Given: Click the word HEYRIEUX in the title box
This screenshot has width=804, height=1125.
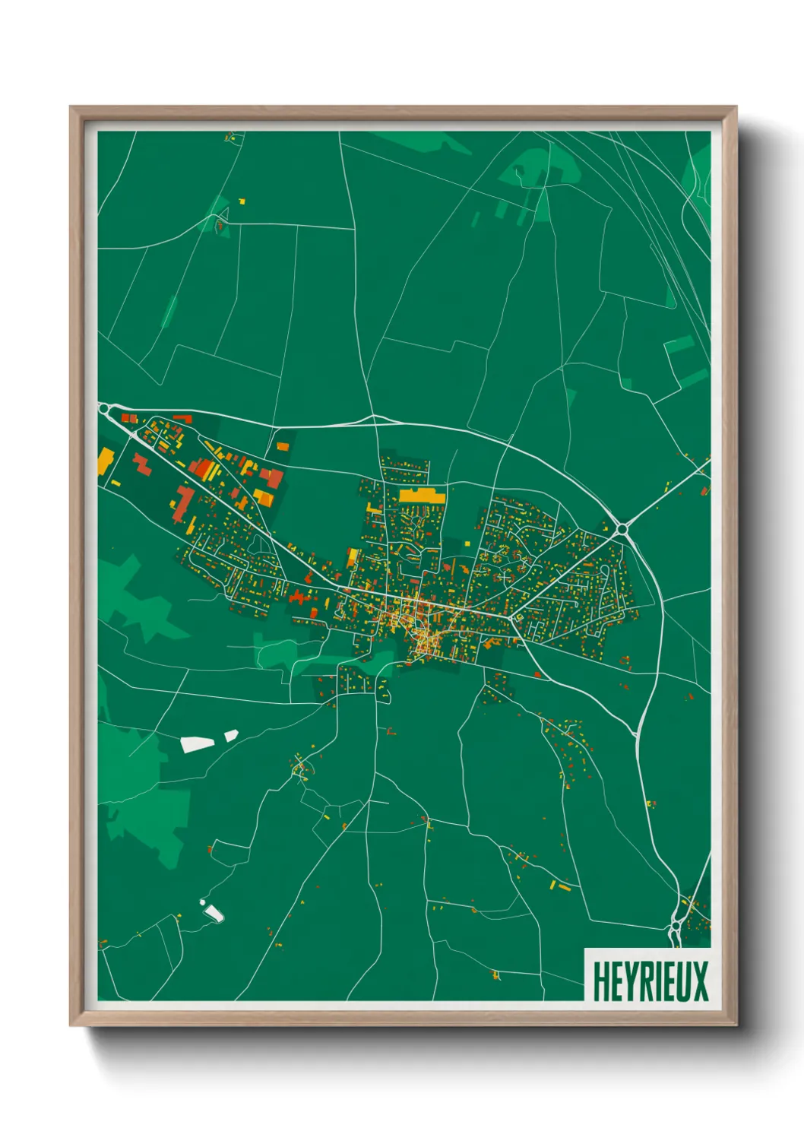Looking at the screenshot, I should (650, 981).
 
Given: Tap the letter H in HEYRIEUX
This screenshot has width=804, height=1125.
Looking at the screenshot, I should (600, 981).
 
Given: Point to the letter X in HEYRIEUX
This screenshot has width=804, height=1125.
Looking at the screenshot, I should (700, 981).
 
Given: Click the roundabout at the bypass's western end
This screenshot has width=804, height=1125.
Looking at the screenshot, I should (105, 410).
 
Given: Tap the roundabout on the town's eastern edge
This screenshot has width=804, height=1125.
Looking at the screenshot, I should (622, 528).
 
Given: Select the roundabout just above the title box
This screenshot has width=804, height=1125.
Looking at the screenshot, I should (676, 927).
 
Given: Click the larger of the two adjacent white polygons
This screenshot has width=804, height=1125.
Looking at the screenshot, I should (197, 743).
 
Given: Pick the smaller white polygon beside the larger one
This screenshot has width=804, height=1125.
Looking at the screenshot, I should (231, 734).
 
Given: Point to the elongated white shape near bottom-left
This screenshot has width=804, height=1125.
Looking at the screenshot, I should (212, 911).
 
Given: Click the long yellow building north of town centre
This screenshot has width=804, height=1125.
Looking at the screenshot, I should (422, 496).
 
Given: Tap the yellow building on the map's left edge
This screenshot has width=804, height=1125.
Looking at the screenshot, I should (104, 461).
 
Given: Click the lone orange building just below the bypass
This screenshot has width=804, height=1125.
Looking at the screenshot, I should (283, 446).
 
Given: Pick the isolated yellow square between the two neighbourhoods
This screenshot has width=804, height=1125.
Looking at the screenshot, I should (353, 557).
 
